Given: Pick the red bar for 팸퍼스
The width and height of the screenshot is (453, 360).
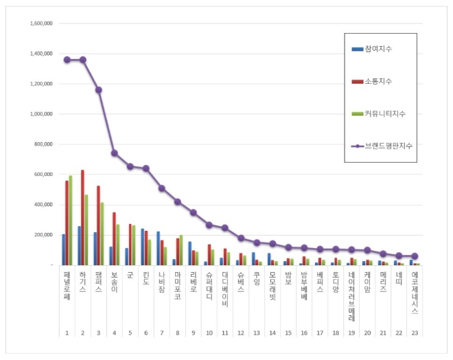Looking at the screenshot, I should (x=99, y=225).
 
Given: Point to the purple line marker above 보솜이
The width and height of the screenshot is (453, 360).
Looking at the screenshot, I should (x=114, y=153).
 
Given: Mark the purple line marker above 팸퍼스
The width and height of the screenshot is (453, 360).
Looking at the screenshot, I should (x=99, y=90).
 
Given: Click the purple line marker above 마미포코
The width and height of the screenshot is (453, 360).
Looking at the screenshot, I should (x=177, y=202).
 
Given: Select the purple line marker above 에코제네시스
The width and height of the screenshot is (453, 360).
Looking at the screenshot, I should (x=415, y=256).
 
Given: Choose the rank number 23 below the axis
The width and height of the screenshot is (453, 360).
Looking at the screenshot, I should (x=415, y=333).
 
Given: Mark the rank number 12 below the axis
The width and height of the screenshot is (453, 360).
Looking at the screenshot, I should (x=241, y=333).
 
